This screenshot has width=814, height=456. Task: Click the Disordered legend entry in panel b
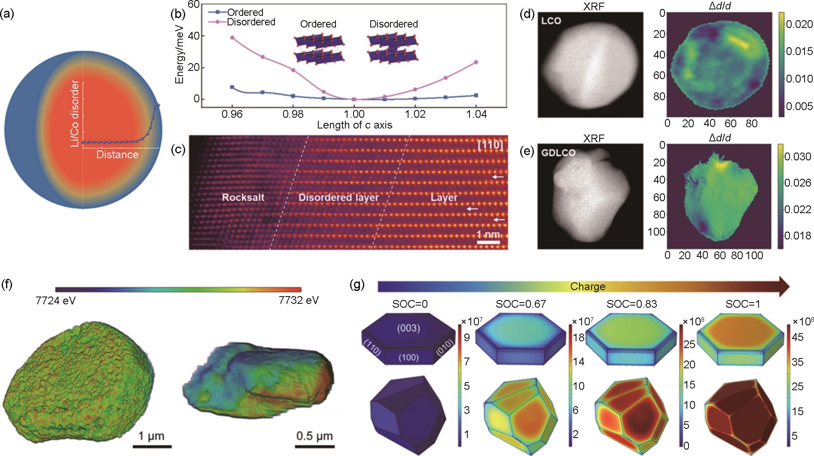[251, 22]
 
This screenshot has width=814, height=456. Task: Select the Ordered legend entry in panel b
[245, 12]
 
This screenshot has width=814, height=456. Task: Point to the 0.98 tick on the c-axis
[293, 114]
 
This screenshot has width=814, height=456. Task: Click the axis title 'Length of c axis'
[354, 125]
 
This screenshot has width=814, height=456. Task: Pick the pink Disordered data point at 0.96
[232, 38]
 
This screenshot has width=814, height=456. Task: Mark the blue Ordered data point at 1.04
[476, 95]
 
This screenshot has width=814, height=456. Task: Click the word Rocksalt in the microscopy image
[243, 198]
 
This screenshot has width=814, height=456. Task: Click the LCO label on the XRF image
[551, 21]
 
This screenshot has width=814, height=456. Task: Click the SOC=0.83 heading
[631, 304]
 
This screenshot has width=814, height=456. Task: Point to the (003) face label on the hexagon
[407, 329]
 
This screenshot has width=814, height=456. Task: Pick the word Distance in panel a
[117, 155]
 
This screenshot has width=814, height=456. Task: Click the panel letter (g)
[358, 285]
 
